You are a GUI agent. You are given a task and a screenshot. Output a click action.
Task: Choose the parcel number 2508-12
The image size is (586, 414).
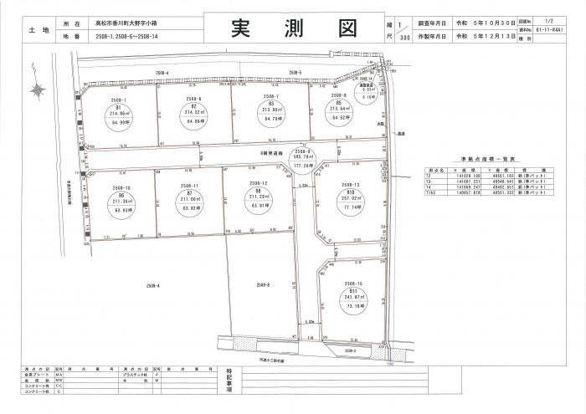(x=258, y=183)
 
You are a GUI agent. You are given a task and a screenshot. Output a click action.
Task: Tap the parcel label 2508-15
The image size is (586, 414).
(x=352, y=284)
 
